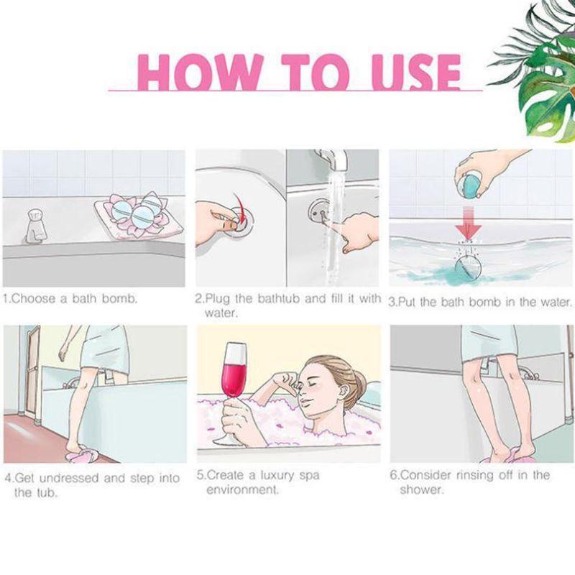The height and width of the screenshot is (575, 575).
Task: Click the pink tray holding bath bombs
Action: coord(139,218)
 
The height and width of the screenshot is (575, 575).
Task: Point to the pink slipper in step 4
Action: coord(80,455)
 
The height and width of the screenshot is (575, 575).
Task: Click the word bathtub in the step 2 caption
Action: coord(279,298)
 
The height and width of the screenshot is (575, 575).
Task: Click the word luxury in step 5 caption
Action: coord(276,476)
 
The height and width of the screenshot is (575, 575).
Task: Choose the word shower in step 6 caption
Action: coord(422,489)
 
